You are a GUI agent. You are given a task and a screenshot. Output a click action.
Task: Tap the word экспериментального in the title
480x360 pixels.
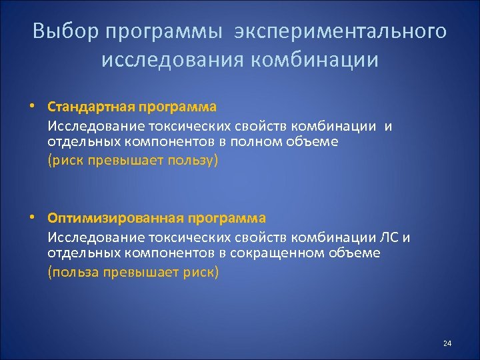341,31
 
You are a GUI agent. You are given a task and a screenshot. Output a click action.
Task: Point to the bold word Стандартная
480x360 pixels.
91,107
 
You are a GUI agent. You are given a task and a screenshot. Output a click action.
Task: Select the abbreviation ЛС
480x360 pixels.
391,237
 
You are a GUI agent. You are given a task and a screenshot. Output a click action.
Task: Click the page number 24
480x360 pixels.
447,343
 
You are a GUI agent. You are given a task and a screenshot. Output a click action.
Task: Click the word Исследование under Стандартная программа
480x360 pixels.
91,126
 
